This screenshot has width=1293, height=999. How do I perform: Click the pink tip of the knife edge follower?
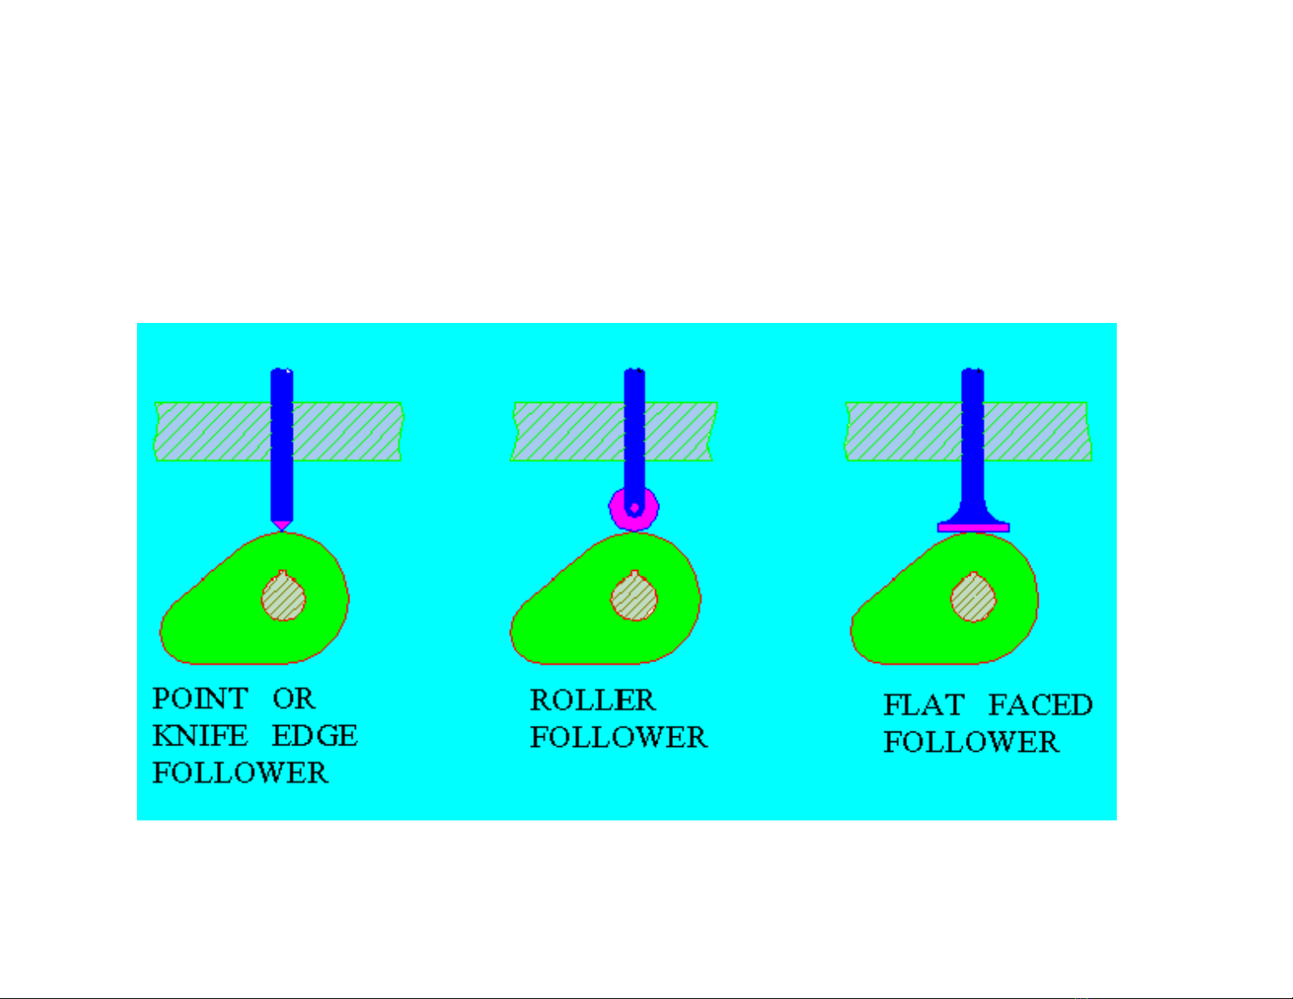tap(281, 525)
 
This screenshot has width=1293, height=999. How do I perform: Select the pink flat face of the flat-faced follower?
tap(973, 528)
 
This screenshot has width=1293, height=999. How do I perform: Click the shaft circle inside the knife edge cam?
tap(284, 595)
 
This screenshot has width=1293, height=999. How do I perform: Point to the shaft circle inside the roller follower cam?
tap(635, 595)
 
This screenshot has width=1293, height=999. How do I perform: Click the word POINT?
tap(200, 698)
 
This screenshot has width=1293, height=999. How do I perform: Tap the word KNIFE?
tap(200, 736)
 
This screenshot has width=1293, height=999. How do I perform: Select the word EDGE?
tap(315, 736)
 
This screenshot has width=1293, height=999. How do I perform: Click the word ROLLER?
tap(592, 700)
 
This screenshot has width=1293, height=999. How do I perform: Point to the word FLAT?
tap(923, 705)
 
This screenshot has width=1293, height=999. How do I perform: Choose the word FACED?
tap(1040, 705)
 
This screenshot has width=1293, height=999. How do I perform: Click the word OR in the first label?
tap(294, 698)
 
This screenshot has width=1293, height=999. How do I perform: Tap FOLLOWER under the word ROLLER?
tap(619, 737)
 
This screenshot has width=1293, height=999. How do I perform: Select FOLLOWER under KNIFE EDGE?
tap(241, 773)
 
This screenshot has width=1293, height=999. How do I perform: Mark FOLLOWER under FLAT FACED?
tap(971, 742)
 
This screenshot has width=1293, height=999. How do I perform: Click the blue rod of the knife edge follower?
tap(281, 444)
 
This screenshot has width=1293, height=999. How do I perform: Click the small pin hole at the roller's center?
tap(635, 508)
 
